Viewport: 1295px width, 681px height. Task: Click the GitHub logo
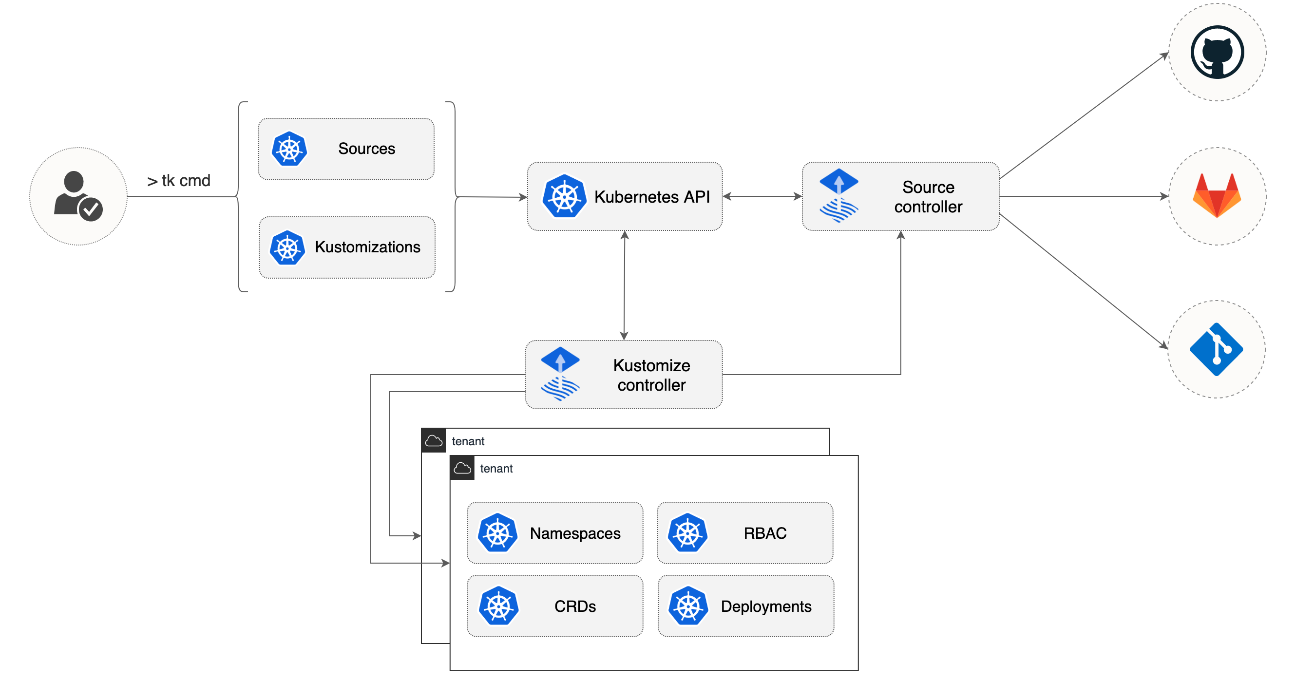(1217, 52)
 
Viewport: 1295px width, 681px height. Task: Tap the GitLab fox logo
(1217, 195)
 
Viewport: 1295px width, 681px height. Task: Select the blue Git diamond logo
(1216, 349)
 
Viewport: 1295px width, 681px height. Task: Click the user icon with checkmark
(78, 196)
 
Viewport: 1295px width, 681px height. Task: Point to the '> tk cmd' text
(178, 180)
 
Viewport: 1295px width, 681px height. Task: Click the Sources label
(366, 149)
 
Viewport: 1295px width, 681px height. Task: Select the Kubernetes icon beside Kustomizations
(287, 247)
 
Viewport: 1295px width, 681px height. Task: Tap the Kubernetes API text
(651, 197)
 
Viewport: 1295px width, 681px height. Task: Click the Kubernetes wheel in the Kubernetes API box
(564, 196)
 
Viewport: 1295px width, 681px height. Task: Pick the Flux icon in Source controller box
(838, 195)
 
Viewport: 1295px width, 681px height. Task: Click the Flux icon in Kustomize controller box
(560, 374)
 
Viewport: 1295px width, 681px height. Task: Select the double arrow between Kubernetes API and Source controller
(762, 196)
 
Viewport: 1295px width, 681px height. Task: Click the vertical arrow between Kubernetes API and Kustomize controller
(625, 285)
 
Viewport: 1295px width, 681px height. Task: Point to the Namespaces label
(575, 533)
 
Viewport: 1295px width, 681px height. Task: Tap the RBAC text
(764, 533)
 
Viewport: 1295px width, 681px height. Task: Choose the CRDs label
(575, 606)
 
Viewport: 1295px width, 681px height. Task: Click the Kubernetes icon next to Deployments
(688, 606)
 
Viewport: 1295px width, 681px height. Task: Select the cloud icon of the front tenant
(462, 469)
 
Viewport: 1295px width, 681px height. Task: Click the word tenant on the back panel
(468, 441)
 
